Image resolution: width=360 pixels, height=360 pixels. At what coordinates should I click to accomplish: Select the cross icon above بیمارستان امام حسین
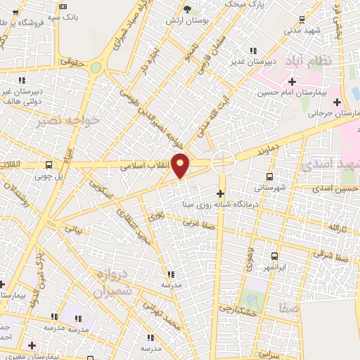pyautogui.click(x=292, y=82)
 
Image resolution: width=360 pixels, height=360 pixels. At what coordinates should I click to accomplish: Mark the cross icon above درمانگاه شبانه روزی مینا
pyautogui.click(x=220, y=193)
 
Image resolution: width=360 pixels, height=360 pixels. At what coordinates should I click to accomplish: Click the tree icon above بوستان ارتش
pyautogui.click(x=186, y=9)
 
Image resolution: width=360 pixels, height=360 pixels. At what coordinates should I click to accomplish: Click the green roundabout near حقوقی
pyautogui.click(x=95, y=68)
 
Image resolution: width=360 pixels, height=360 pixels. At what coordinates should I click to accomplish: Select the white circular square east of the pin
pyautogui.click(x=223, y=162)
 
